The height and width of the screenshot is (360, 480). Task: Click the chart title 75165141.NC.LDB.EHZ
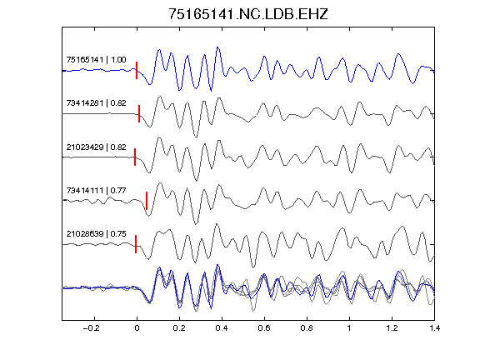pos(248,14)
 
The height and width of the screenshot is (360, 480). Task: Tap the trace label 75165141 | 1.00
pos(96,59)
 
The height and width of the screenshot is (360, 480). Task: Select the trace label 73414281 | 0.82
pos(96,102)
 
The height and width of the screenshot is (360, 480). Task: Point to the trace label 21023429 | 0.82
pos(96,147)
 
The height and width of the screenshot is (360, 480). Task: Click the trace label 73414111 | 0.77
pos(96,191)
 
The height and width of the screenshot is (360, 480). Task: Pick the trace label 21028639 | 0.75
pos(96,234)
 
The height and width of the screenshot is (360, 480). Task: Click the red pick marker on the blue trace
pos(137,70)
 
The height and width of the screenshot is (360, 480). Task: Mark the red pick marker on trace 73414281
pos(139,114)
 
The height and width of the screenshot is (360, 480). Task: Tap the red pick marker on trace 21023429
pos(135,157)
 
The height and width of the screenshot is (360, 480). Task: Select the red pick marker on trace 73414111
pos(147,201)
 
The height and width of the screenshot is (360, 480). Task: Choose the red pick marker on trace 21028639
pos(136,244)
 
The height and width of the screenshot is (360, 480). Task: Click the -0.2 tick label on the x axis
pos(91,328)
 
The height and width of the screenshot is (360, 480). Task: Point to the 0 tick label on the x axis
pos(137,328)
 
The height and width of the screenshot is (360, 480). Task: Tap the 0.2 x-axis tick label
pos(179,328)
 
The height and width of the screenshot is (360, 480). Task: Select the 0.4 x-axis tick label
pos(222,328)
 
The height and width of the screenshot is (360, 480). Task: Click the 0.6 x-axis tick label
pos(264,328)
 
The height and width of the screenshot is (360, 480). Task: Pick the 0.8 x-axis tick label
pos(307,328)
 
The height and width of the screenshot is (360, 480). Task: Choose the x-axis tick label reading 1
pos(349,328)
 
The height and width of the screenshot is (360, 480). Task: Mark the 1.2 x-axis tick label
pos(392,328)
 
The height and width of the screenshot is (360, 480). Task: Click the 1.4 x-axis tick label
pos(435,328)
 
